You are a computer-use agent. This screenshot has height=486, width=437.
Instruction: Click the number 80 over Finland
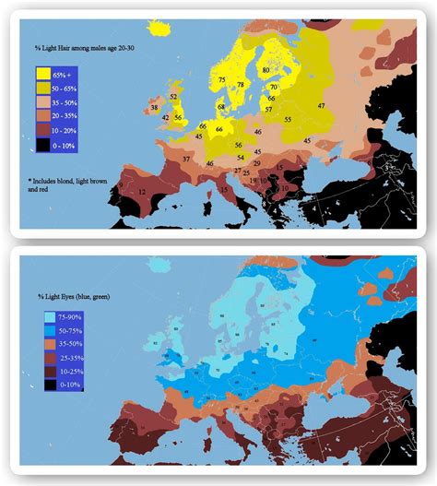[x=266, y=69]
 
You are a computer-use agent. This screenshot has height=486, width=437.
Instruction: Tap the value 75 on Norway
[x=222, y=81]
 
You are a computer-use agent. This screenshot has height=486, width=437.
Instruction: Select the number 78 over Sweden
[x=241, y=85]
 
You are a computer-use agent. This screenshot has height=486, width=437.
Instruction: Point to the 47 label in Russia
[x=321, y=106]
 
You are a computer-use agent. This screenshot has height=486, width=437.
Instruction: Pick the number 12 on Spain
[x=142, y=191]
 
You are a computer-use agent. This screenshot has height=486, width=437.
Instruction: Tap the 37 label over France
[x=187, y=160]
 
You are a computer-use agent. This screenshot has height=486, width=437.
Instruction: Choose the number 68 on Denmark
[x=221, y=108]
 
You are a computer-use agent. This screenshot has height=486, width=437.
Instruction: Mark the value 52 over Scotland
[x=174, y=96]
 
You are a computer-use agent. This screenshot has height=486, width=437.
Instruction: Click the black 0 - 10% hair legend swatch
[x=43, y=146]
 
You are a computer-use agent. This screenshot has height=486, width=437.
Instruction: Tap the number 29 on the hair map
[x=255, y=163]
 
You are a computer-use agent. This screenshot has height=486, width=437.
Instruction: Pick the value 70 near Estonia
[x=274, y=87]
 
